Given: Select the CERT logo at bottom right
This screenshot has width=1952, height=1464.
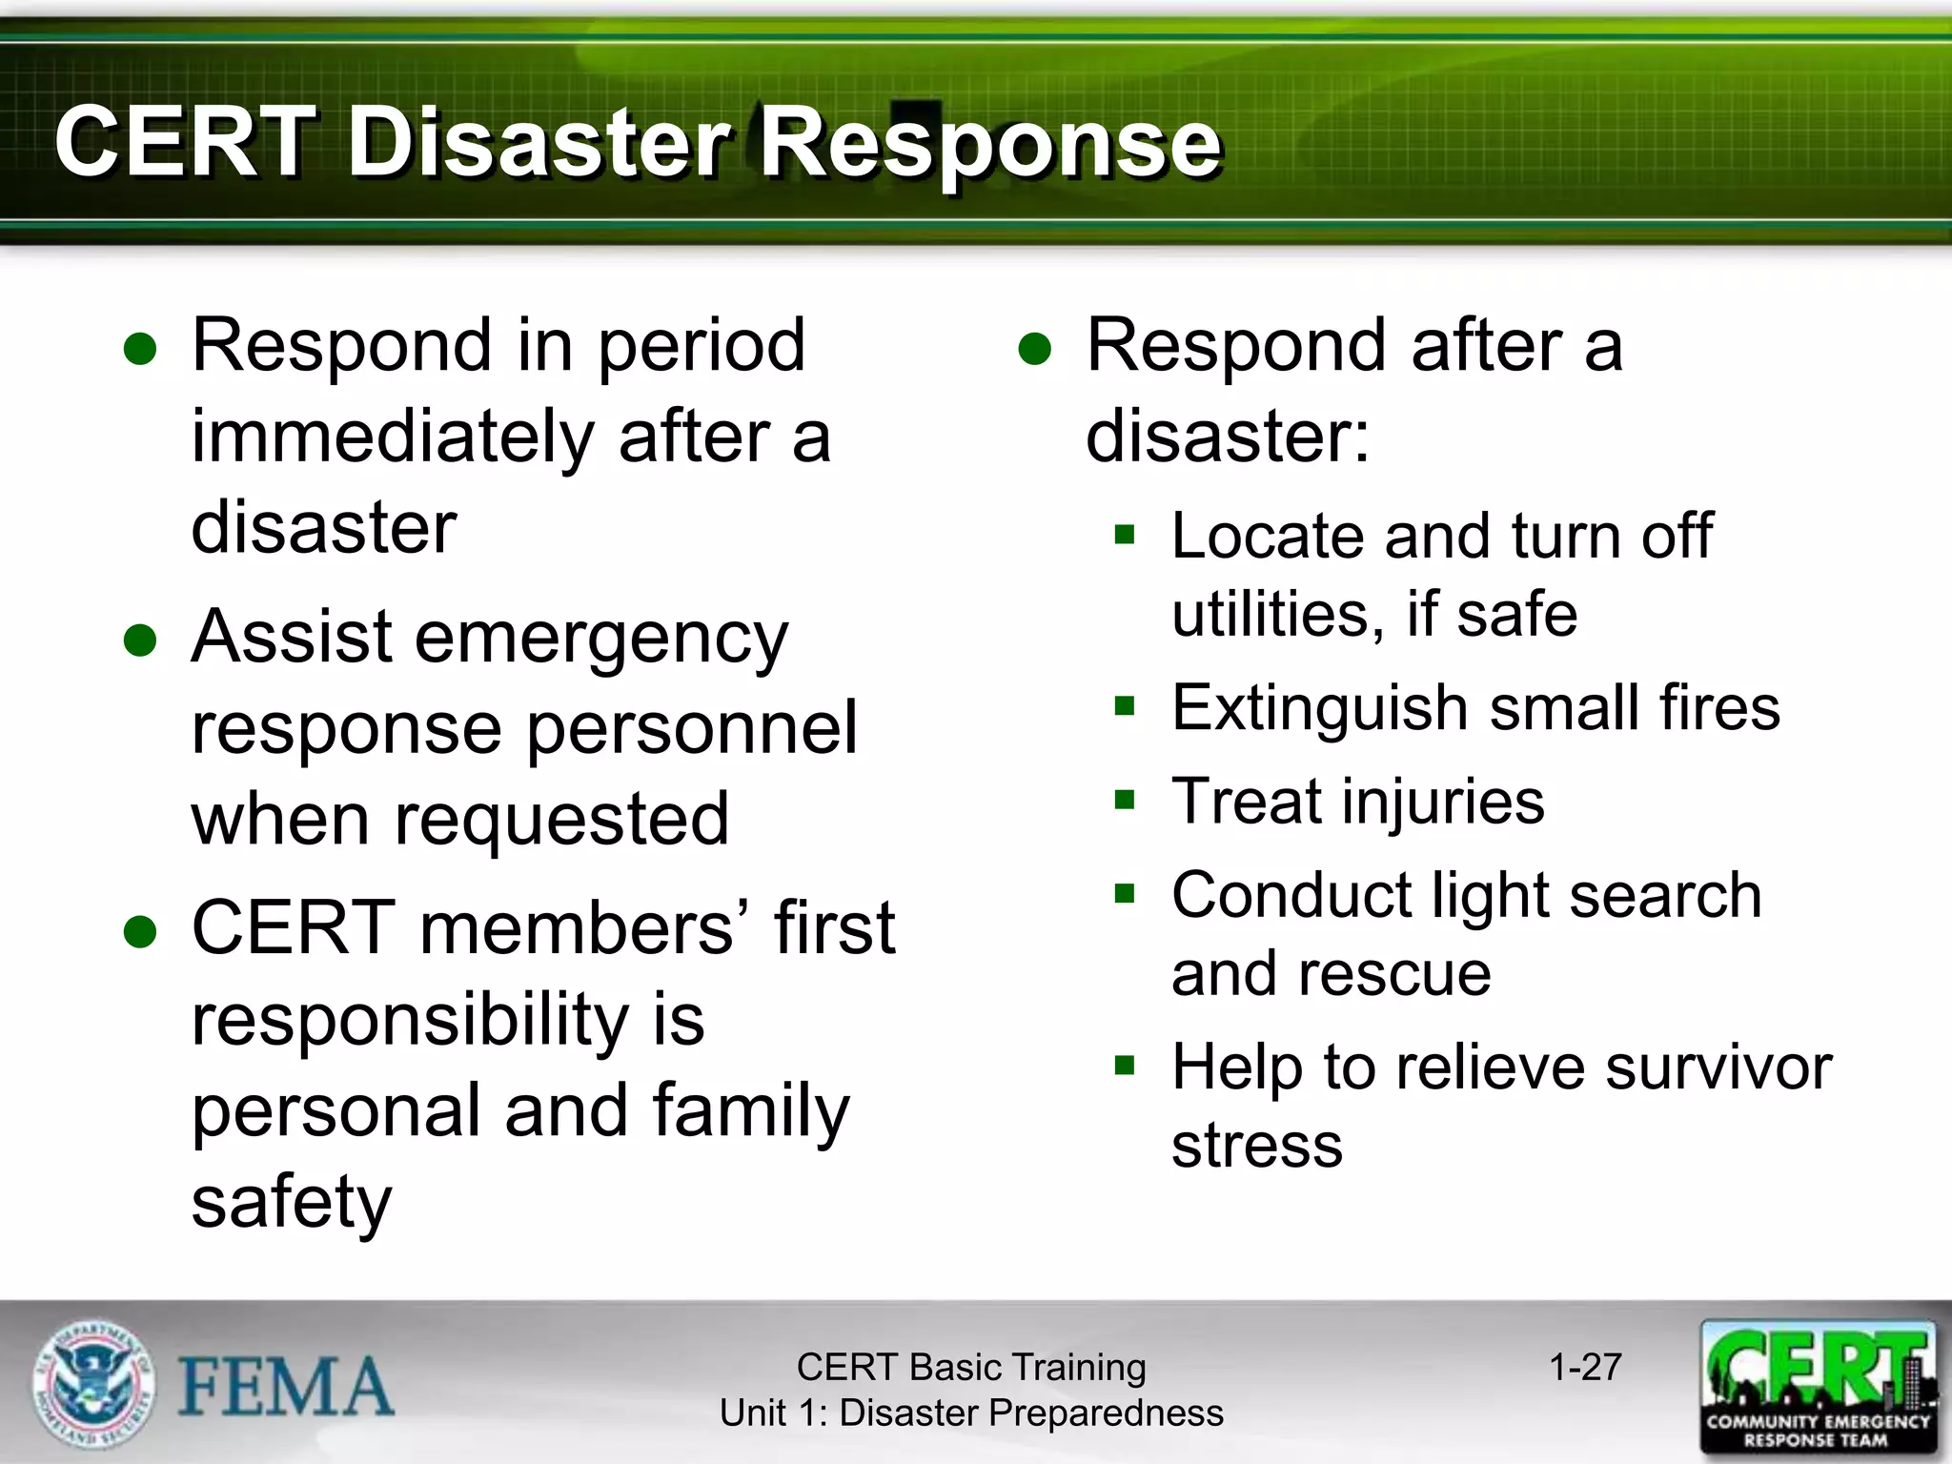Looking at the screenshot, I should tap(1818, 1386).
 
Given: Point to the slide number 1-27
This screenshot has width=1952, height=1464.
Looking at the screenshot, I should tap(1585, 1367).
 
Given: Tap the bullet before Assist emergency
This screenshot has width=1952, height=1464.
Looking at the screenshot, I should tap(140, 640).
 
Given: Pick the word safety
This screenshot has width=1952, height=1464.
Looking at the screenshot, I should tap(292, 1203).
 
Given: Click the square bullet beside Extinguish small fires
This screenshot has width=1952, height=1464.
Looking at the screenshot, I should tap(1125, 706).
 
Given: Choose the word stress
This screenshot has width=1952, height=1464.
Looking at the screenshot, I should tap(1256, 1146).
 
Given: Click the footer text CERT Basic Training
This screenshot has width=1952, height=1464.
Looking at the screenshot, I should tap(971, 1367).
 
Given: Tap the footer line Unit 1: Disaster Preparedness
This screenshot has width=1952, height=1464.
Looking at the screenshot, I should tap(971, 1413).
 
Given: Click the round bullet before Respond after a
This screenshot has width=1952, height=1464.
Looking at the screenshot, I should tap(1034, 349).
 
